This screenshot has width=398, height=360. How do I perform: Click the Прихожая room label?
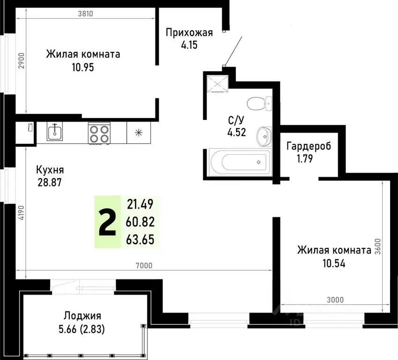(x=189, y=32)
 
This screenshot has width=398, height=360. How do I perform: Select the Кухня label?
(x=50, y=170)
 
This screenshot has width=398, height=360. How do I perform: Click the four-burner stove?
(x=99, y=133)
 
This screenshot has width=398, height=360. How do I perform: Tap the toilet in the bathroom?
(x=258, y=102)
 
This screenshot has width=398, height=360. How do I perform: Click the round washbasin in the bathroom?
(x=263, y=136)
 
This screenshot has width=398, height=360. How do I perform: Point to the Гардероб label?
(x=309, y=146)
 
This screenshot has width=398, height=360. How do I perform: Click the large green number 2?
(x=108, y=223)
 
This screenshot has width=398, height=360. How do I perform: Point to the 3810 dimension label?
(x=86, y=14)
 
